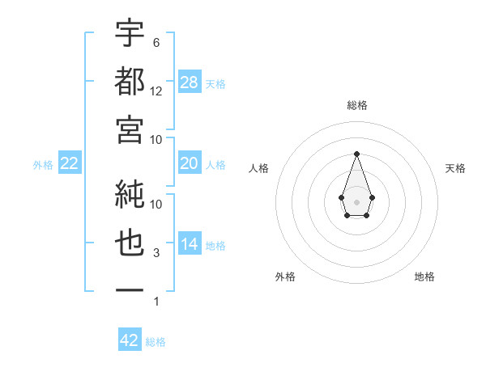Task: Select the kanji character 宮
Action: tap(130, 129)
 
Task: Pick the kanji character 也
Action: tap(130, 243)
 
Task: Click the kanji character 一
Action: tap(130, 290)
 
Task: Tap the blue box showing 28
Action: tap(190, 82)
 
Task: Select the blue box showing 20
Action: tap(190, 163)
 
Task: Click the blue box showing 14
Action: tap(190, 244)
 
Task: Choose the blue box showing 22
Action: tap(69, 163)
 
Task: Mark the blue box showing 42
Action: tap(130, 340)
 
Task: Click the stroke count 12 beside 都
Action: tap(156, 91)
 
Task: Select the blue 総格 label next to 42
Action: tap(156, 342)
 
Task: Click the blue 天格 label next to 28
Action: tap(215, 84)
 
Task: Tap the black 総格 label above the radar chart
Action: tap(357, 105)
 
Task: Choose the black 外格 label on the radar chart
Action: tap(285, 277)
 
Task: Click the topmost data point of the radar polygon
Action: tap(356, 154)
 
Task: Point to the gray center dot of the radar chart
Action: tap(356, 201)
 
